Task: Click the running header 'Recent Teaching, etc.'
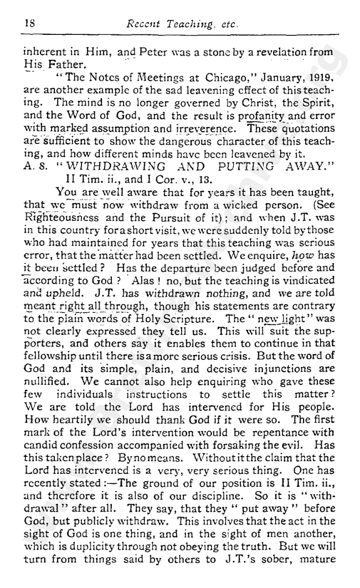pyautogui.click(x=182, y=24)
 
